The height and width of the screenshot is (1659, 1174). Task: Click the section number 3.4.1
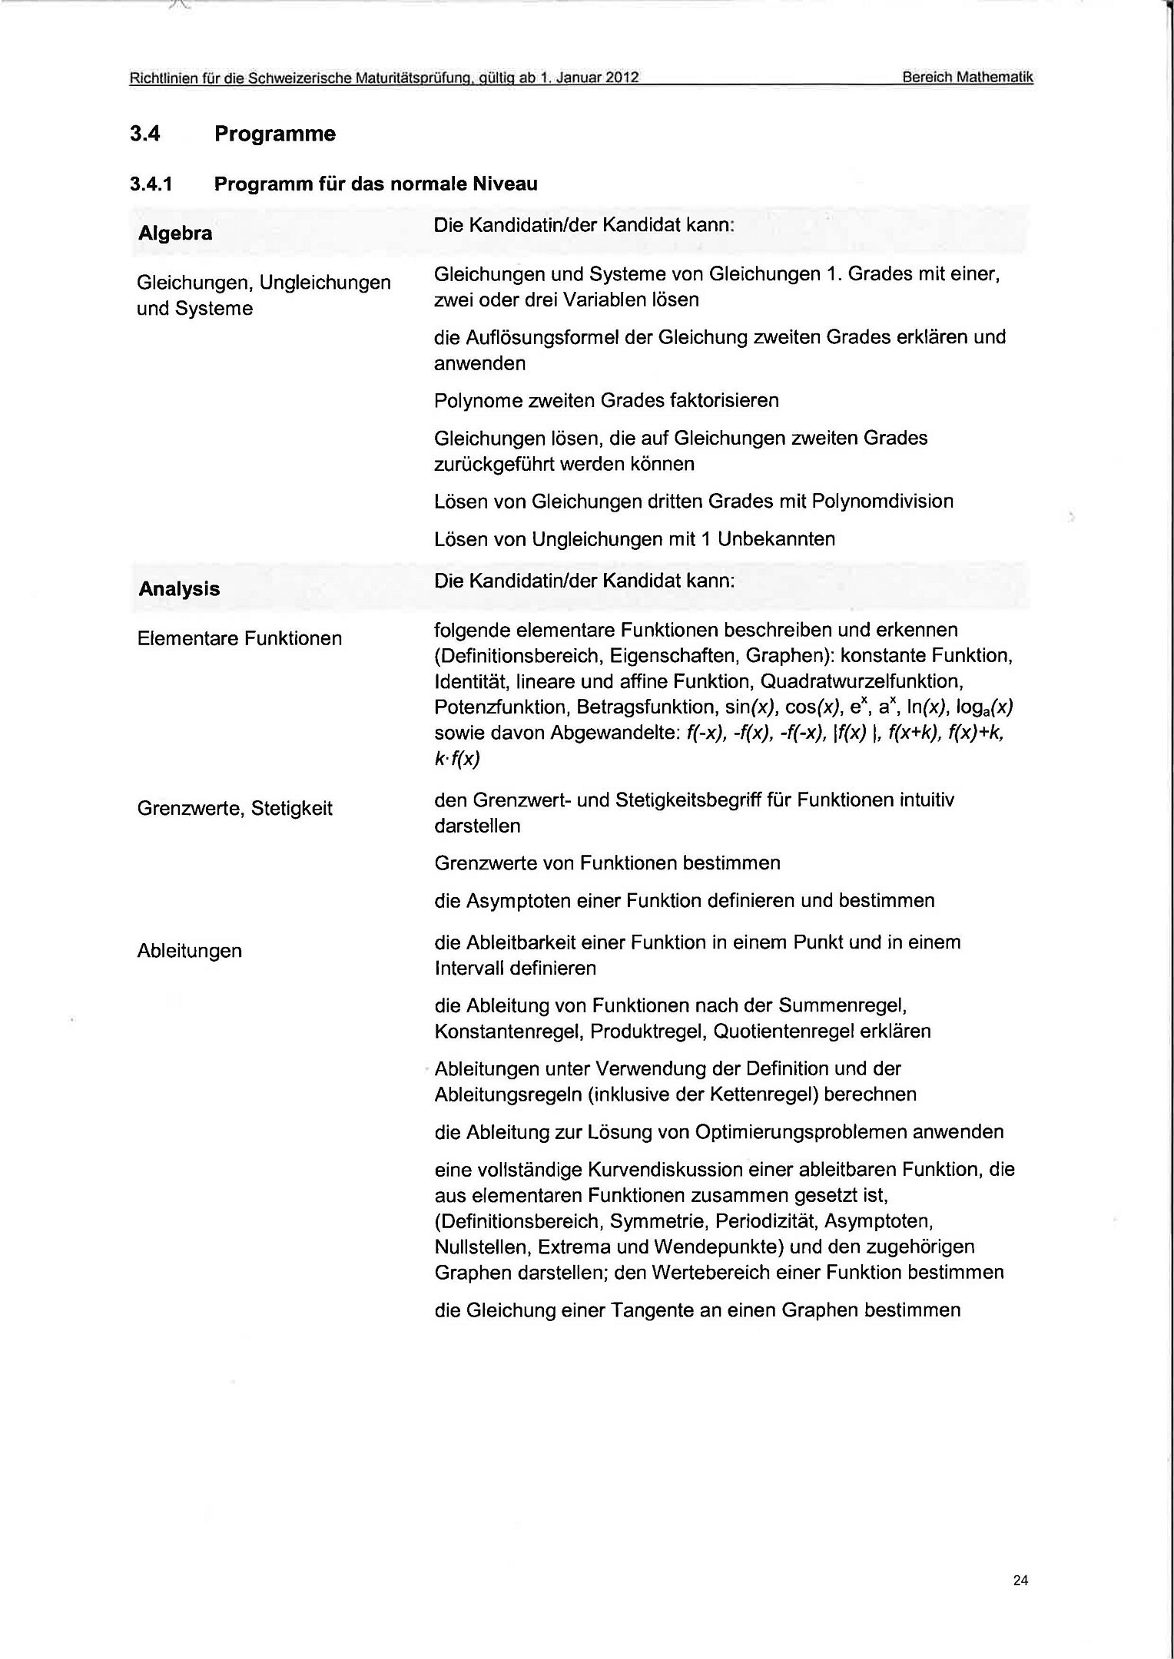(152, 184)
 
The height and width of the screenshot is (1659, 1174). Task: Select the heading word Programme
(274, 134)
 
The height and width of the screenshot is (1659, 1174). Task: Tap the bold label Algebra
(175, 233)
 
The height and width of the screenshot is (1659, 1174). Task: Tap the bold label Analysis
(179, 589)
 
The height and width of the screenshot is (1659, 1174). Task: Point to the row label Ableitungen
(189, 951)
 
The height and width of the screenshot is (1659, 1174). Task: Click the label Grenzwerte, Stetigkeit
(234, 808)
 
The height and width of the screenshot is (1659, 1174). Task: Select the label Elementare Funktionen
(239, 638)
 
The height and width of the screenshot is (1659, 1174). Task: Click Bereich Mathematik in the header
(967, 78)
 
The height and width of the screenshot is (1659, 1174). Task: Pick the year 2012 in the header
(623, 78)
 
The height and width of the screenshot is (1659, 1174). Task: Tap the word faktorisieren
(725, 401)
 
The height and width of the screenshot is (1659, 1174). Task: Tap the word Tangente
(652, 1310)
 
